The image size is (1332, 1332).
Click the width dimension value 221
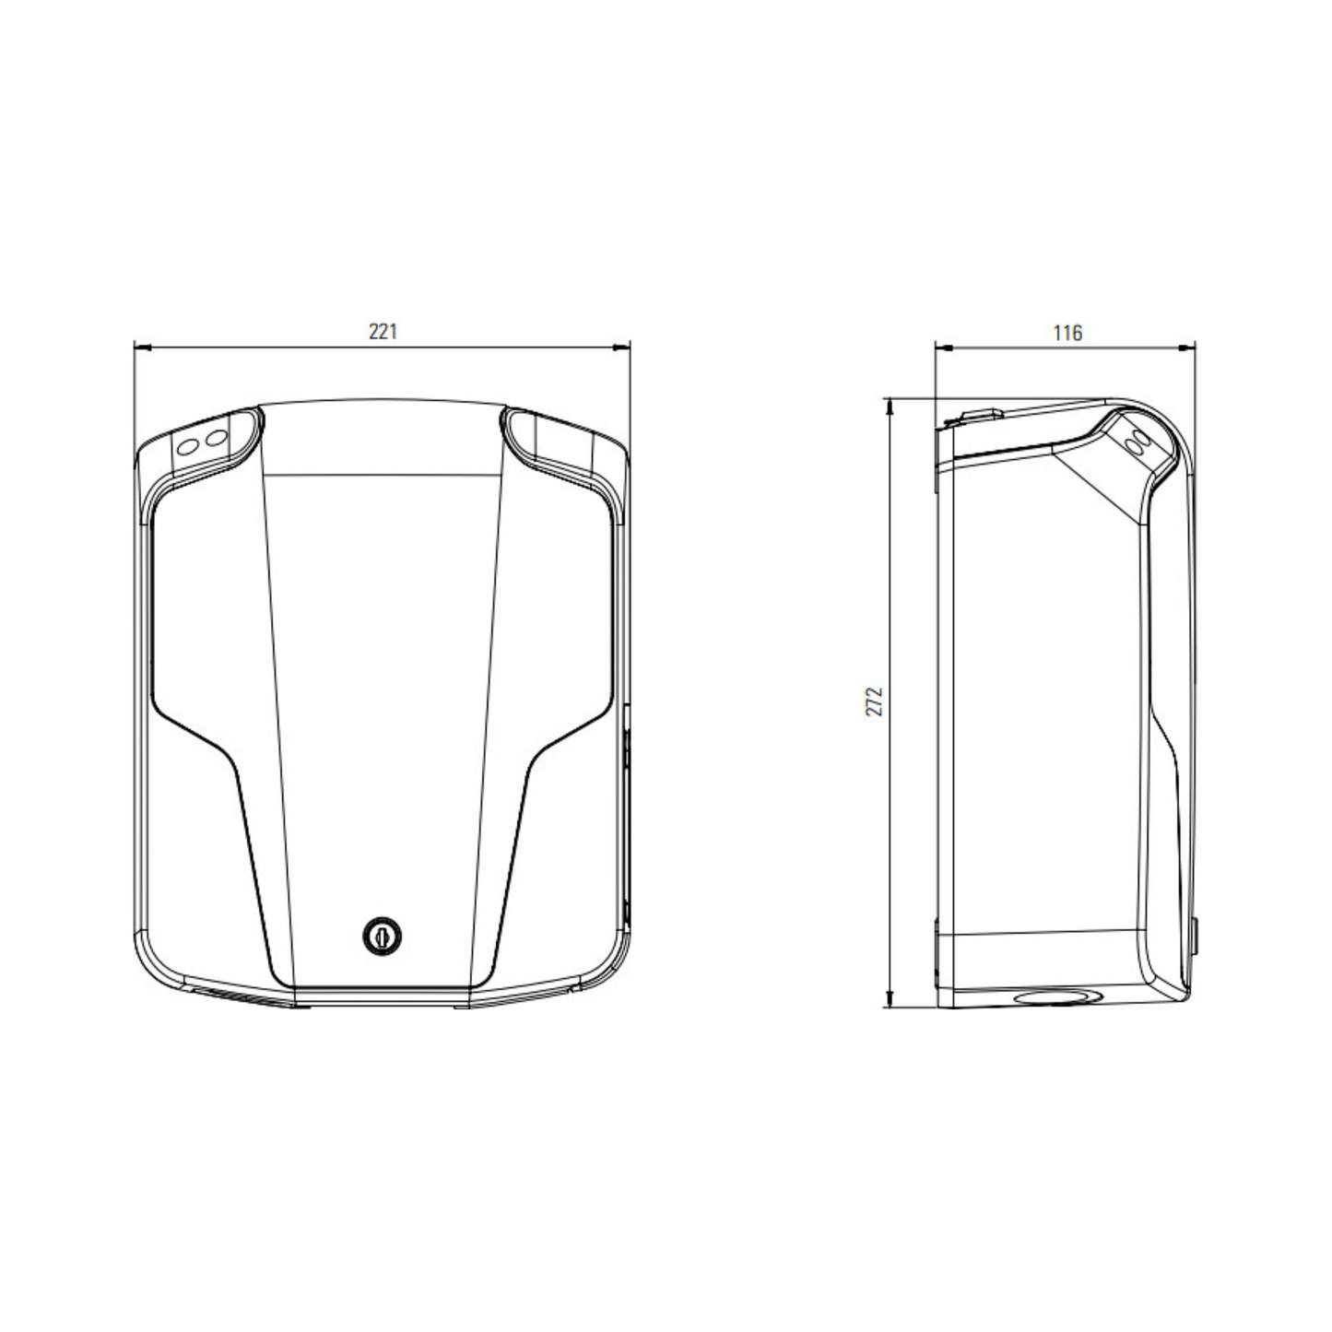tap(383, 333)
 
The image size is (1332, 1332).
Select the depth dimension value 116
tap(1067, 334)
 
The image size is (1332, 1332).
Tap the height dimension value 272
tap(875, 701)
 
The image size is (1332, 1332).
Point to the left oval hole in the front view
tap(187, 447)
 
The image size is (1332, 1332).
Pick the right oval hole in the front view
tap(217, 438)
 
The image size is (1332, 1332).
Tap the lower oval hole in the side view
tap(1135, 448)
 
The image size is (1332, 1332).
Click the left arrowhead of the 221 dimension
tap(142, 348)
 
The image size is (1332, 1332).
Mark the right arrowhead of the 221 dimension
tap(621, 348)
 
